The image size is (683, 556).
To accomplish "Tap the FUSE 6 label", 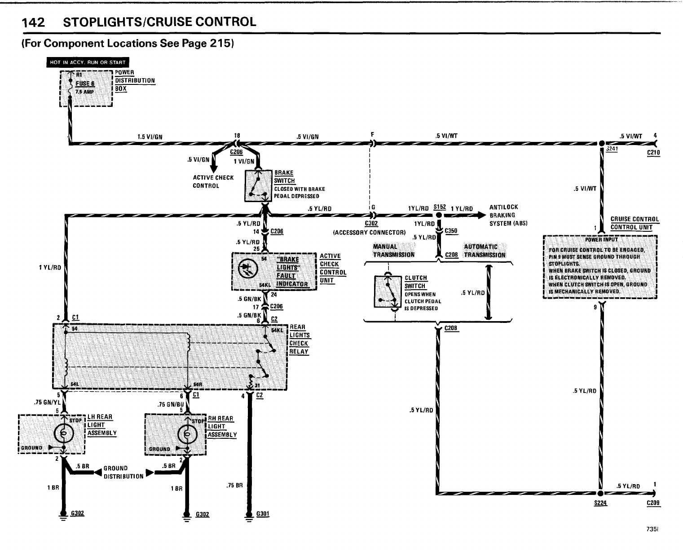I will (x=84, y=84).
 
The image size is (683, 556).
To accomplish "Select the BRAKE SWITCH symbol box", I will (x=258, y=186).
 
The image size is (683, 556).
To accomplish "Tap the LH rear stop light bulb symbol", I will (x=63, y=433).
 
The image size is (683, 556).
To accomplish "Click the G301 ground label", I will (x=263, y=514).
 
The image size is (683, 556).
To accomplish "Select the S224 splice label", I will (x=600, y=503).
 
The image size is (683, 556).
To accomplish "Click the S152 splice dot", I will (x=439, y=215).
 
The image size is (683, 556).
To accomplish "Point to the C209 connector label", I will (x=653, y=503).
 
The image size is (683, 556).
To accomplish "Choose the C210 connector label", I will (x=653, y=153).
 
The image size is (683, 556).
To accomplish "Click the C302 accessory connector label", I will (x=371, y=224).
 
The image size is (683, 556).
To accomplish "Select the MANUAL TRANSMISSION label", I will (x=390, y=251).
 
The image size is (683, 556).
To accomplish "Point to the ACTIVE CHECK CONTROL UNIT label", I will (x=333, y=268).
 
